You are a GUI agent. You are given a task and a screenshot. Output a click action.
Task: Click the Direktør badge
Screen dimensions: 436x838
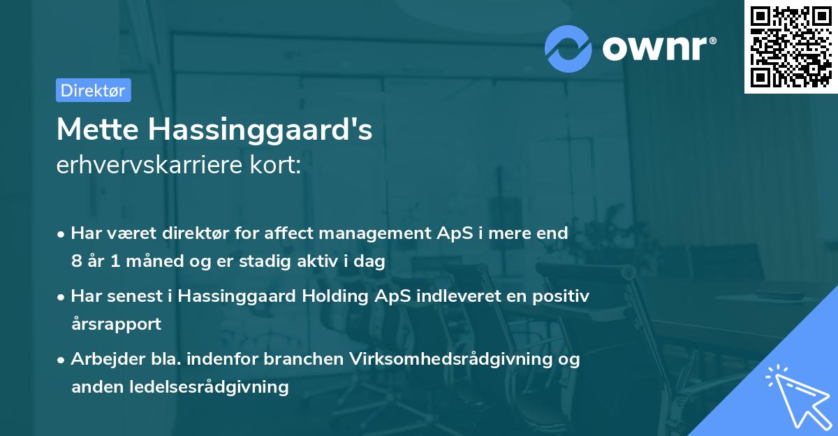coord(93,90)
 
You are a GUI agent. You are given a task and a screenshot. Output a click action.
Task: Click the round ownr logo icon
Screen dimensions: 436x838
coord(568,49)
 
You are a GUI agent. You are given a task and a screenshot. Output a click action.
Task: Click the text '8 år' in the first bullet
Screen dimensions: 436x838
coord(87,261)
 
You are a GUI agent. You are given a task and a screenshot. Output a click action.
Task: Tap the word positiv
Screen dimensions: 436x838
coord(563,296)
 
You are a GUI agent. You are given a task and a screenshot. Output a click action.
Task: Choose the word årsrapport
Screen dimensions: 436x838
coord(116,324)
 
